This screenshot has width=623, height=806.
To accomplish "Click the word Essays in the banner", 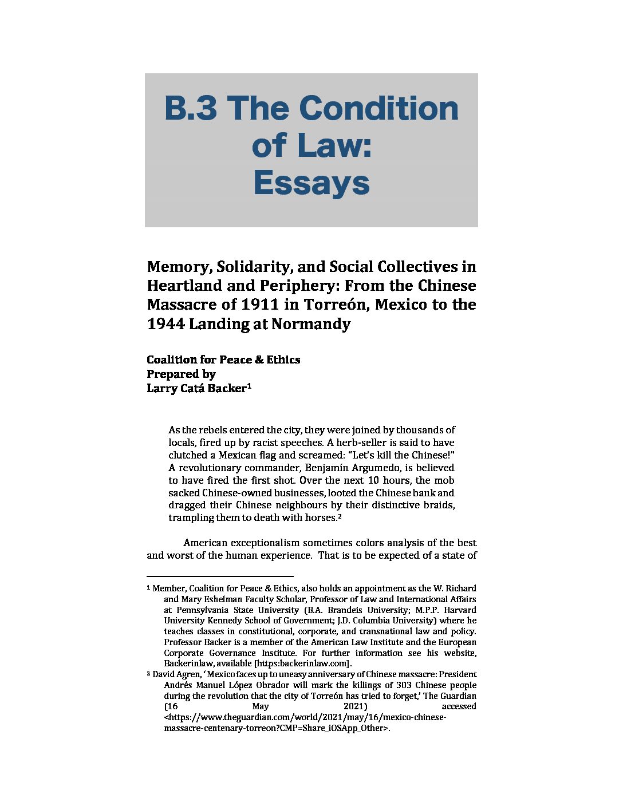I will tap(311, 183).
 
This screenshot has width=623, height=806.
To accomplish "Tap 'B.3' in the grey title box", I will tap(191, 108).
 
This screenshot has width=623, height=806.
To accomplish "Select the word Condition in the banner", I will tap(378, 108).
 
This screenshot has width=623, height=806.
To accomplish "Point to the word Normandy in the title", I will tap(310, 324).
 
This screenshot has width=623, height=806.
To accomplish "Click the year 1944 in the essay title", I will tap(165, 324).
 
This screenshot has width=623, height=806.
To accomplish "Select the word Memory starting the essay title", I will tap(178, 267).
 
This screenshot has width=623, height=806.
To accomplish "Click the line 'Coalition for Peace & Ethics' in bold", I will tap(223, 359).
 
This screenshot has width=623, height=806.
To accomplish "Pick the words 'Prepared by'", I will tap(181, 374).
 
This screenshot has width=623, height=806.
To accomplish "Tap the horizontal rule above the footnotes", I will tap(220, 576).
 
